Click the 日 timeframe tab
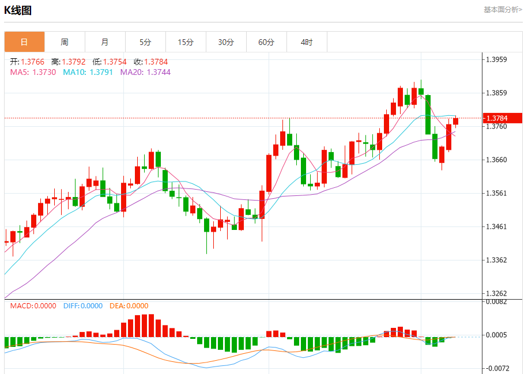pos(24,42)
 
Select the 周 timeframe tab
pos(65,42)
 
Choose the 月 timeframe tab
pos(105,42)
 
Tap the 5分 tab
pos(145,42)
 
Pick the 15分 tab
pos(186,42)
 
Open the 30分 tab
pos(226,42)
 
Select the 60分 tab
pos(266,42)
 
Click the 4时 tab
pos(307,42)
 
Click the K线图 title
pos(18,10)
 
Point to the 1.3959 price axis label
pos(496,59)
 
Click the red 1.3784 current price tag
pos(503,118)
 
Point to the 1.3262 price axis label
pos(496,293)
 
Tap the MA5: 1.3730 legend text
pos(33,72)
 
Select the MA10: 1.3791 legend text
pos(88,72)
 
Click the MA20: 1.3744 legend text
pos(145,72)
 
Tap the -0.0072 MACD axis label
pos(497,368)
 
